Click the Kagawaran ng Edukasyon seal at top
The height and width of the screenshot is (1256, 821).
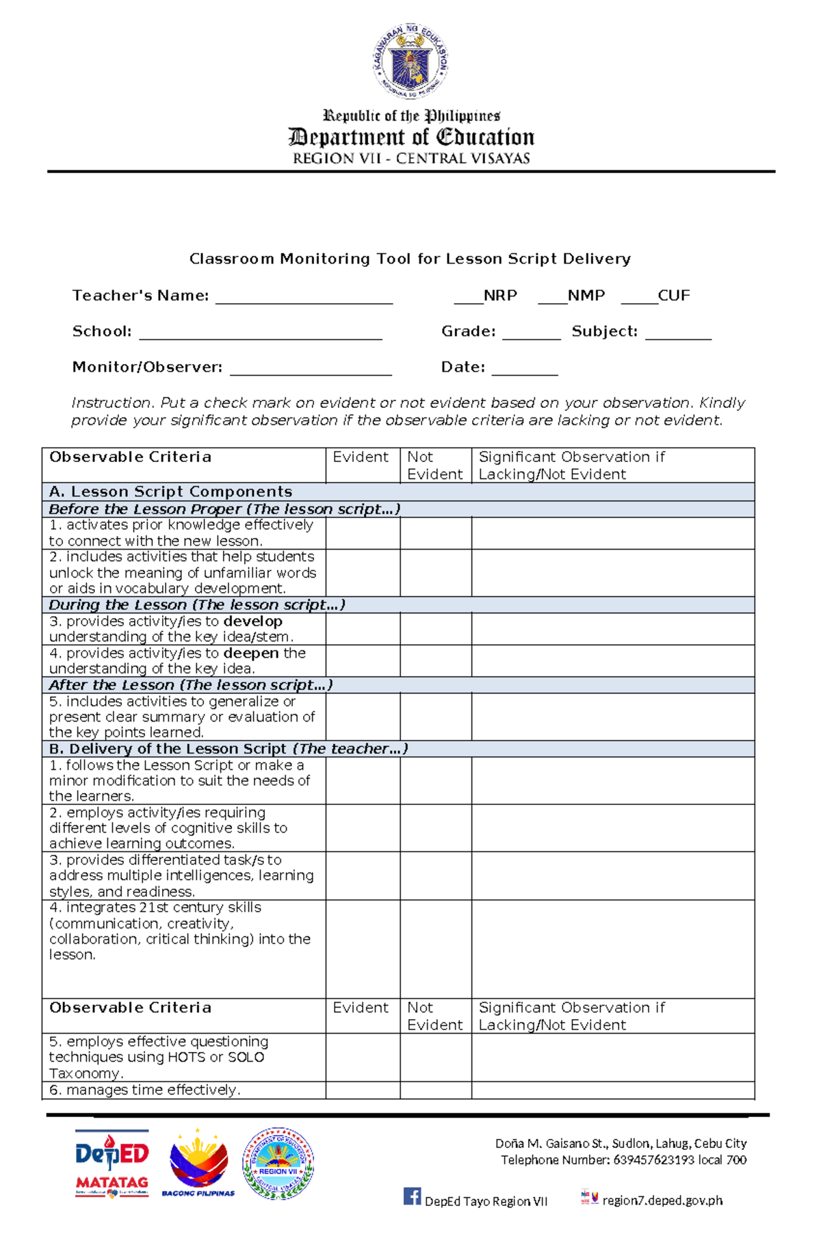410,60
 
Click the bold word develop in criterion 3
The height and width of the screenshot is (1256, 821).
253,621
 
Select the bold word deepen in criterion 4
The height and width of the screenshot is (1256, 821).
251,654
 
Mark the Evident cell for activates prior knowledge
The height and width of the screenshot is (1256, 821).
363,533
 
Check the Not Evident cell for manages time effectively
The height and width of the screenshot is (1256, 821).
435,1090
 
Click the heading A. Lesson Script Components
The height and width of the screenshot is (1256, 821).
171,491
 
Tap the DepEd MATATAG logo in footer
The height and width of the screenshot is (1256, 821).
112,1163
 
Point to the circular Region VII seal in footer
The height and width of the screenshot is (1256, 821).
278,1163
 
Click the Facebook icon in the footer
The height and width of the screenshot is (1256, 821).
412,1196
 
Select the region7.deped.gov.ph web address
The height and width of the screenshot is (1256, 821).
662,1200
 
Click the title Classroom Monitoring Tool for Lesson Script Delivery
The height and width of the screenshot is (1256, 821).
410,259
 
